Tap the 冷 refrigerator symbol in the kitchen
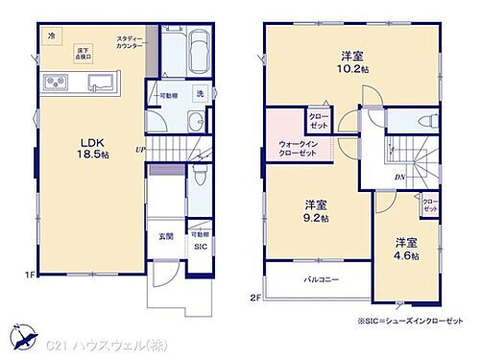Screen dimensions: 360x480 pyautogui.click(x=51, y=36)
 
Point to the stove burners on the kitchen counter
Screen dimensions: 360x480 pyautogui.click(x=54, y=85)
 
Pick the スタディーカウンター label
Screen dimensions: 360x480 pyautogui.click(x=132, y=43)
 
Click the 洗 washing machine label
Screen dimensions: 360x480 pyautogui.click(x=201, y=94)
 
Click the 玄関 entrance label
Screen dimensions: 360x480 pyautogui.click(x=167, y=236)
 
